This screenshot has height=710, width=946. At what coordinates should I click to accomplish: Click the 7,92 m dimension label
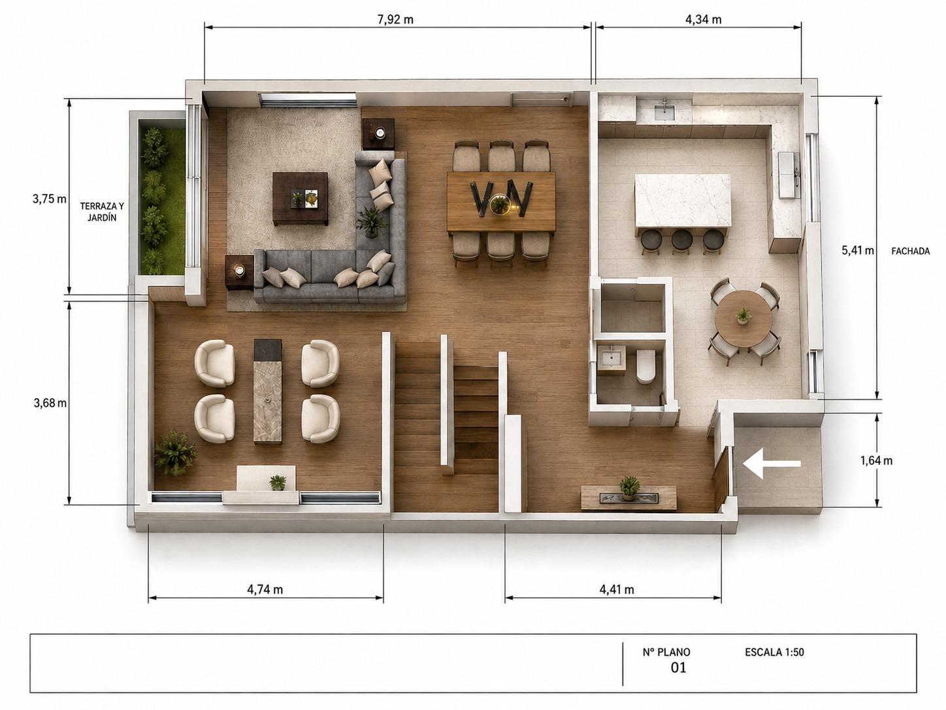point(395,20)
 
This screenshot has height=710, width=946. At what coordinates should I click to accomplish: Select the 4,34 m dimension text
point(703,20)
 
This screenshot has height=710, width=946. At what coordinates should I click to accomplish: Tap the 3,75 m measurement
point(50,199)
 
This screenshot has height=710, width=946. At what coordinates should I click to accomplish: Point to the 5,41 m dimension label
point(858,250)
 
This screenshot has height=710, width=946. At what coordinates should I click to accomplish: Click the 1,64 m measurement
point(876,460)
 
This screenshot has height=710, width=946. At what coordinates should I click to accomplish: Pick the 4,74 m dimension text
point(265,589)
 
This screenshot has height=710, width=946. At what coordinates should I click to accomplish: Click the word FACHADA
point(910,251)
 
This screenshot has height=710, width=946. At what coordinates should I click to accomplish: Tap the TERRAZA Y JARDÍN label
point(102,212)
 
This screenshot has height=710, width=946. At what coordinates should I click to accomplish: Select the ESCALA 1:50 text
point(774,652)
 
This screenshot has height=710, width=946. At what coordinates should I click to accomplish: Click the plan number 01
point(678,668)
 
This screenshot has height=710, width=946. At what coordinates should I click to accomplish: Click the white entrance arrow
point(772,464)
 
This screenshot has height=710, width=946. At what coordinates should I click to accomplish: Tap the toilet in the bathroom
point(645,366)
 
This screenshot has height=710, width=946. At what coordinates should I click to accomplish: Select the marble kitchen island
point(683,201)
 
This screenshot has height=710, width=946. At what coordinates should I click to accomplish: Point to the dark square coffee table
point(301,198)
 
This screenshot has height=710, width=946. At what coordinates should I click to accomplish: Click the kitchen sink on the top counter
point(664,111)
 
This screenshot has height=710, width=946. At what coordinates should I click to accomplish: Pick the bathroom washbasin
point(612,358)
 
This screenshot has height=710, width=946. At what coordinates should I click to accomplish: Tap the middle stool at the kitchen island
point(682,241)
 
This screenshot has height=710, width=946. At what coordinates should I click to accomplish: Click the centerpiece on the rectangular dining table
point(500,205)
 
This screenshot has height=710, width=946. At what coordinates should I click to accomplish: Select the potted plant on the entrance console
point(629,488)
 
